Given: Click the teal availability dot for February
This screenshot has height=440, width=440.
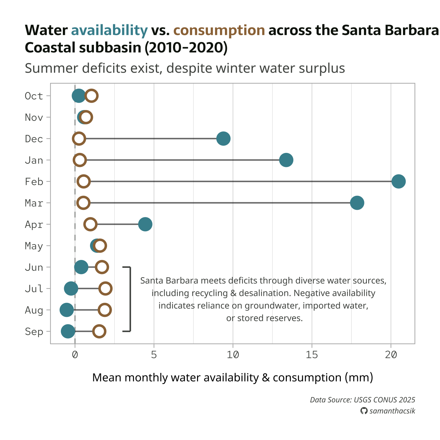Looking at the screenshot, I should coord(398,181).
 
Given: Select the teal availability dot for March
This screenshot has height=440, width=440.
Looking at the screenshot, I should coord(357,203).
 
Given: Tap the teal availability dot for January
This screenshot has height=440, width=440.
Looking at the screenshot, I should coord(286,160).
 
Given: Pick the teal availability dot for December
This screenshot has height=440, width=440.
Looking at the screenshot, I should coord(224,139).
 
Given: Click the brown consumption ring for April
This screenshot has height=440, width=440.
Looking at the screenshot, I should coord(90,224).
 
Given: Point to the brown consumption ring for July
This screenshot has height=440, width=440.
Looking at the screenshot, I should coord(105,288).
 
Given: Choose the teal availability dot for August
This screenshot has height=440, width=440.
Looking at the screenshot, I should coord(66,310).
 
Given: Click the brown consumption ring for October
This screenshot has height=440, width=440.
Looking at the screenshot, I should coord(91,96).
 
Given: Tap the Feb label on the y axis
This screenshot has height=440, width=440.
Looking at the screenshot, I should coord(34,182).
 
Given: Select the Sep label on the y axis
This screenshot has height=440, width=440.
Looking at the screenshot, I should coord(34,332).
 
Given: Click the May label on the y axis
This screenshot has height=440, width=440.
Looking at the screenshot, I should coord(34,246).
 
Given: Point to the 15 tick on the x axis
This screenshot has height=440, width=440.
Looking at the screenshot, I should coord(312,355).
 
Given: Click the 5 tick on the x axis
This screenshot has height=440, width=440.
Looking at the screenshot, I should coord(154,355).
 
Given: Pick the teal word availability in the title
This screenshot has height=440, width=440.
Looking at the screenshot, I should coord(109,30).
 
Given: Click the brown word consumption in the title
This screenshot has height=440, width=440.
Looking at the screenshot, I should coord(219,30).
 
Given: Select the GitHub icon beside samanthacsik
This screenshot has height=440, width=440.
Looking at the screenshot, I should coord(364,411).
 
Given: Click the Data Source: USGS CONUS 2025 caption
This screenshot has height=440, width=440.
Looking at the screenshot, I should coord(362,400).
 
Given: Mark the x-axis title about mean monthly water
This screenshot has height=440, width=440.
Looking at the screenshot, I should coord(232,377).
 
